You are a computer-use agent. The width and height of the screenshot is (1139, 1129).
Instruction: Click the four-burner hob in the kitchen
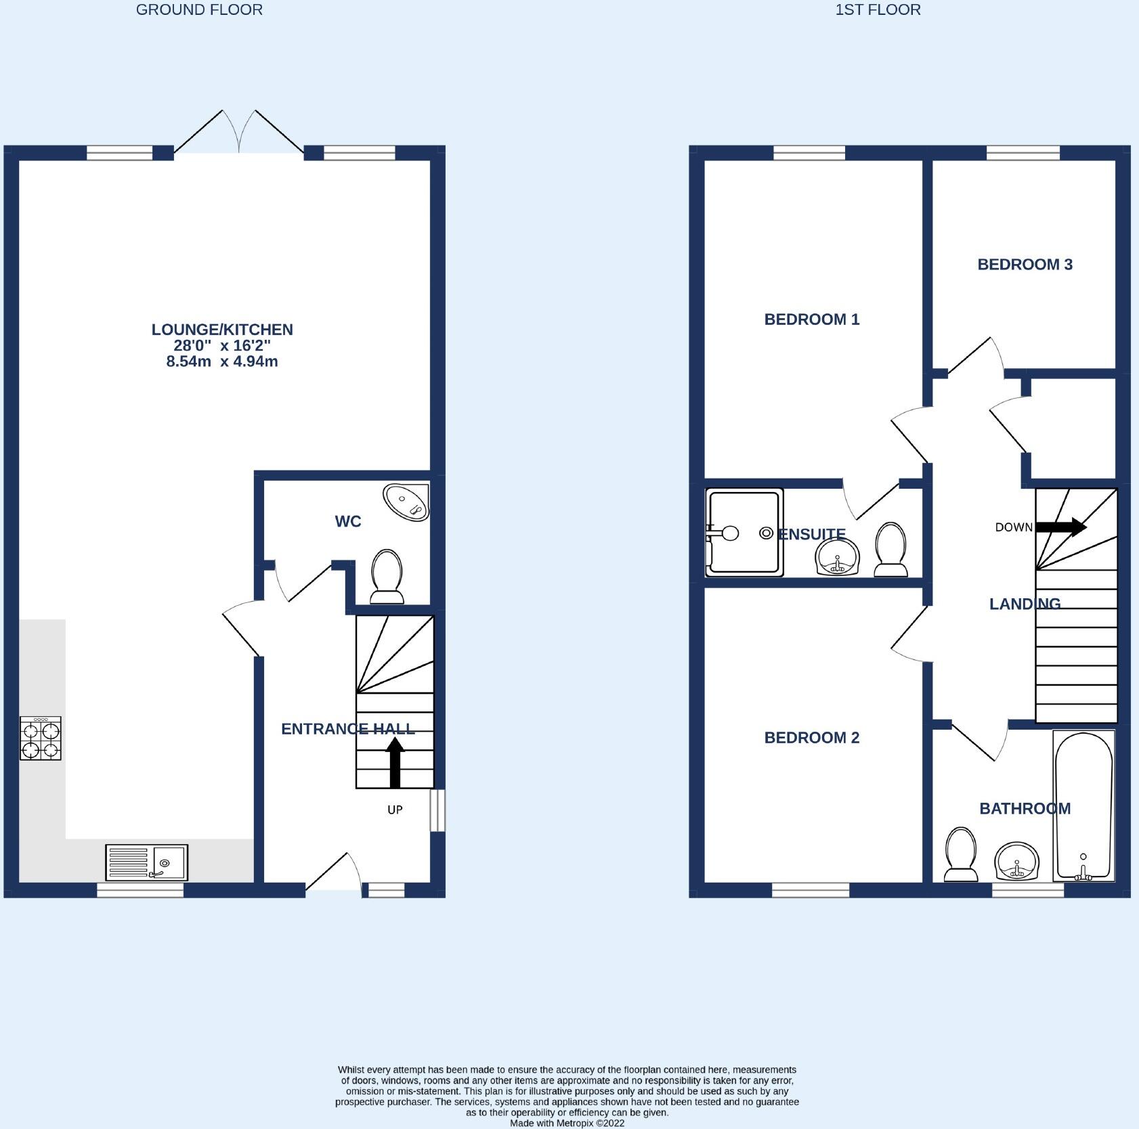(x=41, y=738)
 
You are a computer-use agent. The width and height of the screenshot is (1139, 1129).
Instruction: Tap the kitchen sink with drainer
(x=146, y=862)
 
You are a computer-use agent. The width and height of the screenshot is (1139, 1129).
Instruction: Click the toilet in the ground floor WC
(x=387, y=576)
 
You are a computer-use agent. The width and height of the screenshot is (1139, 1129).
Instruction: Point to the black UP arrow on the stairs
(x=395, y=763)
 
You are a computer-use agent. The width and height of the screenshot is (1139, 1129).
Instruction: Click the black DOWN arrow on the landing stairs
(x=1061, y=527)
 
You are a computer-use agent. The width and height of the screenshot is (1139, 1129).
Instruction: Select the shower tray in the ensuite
(x=744, y=533)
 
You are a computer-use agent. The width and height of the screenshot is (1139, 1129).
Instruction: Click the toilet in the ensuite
(x=890, y=550)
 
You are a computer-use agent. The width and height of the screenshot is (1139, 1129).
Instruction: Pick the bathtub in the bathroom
(x=1083, y=805)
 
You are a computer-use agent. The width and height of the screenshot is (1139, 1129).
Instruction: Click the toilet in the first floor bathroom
(x=961, y=854)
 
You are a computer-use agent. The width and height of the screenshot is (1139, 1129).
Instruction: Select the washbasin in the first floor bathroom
(x=1017, y=861)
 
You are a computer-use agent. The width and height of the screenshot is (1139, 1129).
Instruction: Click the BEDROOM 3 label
(x=1025, y=265)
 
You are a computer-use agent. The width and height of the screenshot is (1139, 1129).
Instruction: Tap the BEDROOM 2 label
(x=811, y=738)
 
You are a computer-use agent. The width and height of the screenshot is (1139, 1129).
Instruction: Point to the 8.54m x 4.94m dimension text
(x=222, y=361)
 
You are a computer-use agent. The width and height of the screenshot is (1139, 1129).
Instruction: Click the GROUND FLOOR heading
(x=199, y=9)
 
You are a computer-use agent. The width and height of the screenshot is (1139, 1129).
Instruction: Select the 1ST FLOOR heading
(x=878, y=9)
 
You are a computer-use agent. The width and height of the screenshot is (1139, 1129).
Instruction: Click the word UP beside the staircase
(x=395, y=810)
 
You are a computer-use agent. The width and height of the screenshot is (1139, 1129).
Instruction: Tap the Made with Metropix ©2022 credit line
(x=567, y=1123)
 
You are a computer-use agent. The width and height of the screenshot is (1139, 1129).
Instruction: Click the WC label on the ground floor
(x=348, y=521)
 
